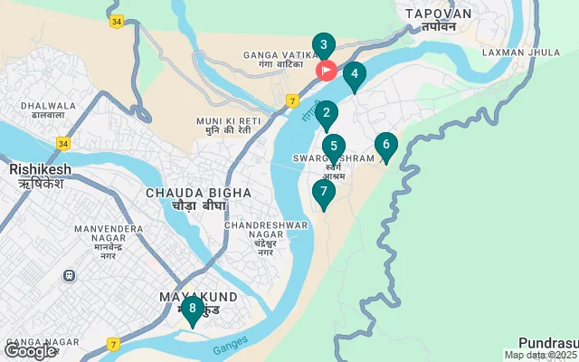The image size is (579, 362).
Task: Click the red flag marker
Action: (x=326, y=70)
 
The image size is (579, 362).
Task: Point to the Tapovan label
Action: (x=439, y=19)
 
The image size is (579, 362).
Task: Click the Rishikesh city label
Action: (x=40, y=176)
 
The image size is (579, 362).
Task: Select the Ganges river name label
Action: (x=230, y=347)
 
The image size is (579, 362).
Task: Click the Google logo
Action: (x=31, y=350)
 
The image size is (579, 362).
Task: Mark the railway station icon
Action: (x=69, y=275)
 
